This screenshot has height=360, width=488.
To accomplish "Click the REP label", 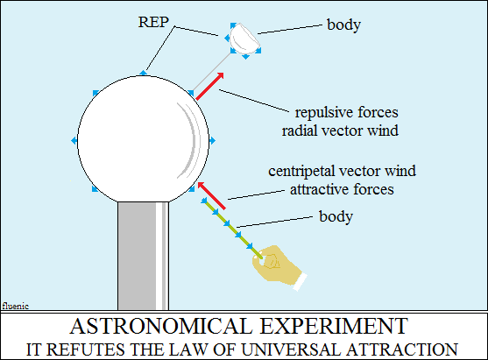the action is (153, 22).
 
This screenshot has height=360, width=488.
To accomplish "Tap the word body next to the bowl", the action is (344, 25).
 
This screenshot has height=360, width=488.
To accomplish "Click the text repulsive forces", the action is (346, 113).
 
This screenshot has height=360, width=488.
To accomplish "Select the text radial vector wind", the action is (340, 131).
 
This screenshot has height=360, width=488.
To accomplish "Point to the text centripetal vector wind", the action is (342, 171).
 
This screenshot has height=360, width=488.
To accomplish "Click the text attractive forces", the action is (342, 189).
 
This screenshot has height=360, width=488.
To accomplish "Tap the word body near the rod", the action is (336, 216).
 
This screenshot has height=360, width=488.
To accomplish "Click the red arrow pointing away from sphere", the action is (209, 86).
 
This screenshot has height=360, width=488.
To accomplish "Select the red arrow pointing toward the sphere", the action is (212, 195).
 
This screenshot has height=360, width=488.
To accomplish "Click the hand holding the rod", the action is (276, 265).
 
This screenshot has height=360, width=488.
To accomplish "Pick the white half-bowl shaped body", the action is (244, 39).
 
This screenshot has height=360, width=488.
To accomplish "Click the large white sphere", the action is (143, 139).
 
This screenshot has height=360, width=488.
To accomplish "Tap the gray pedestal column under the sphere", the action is (143, 256).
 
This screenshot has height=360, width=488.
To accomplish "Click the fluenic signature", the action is (16, 307).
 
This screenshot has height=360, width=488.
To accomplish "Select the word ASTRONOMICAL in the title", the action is (160, 327).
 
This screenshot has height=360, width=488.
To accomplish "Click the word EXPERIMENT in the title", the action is (334, 327).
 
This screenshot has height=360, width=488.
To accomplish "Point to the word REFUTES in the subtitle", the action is (85, 349).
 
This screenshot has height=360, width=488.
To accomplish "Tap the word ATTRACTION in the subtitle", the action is (402, 349).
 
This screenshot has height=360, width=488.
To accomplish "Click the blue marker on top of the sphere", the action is (143, 73).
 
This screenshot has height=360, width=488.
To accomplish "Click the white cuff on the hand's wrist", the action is (300, 282).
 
